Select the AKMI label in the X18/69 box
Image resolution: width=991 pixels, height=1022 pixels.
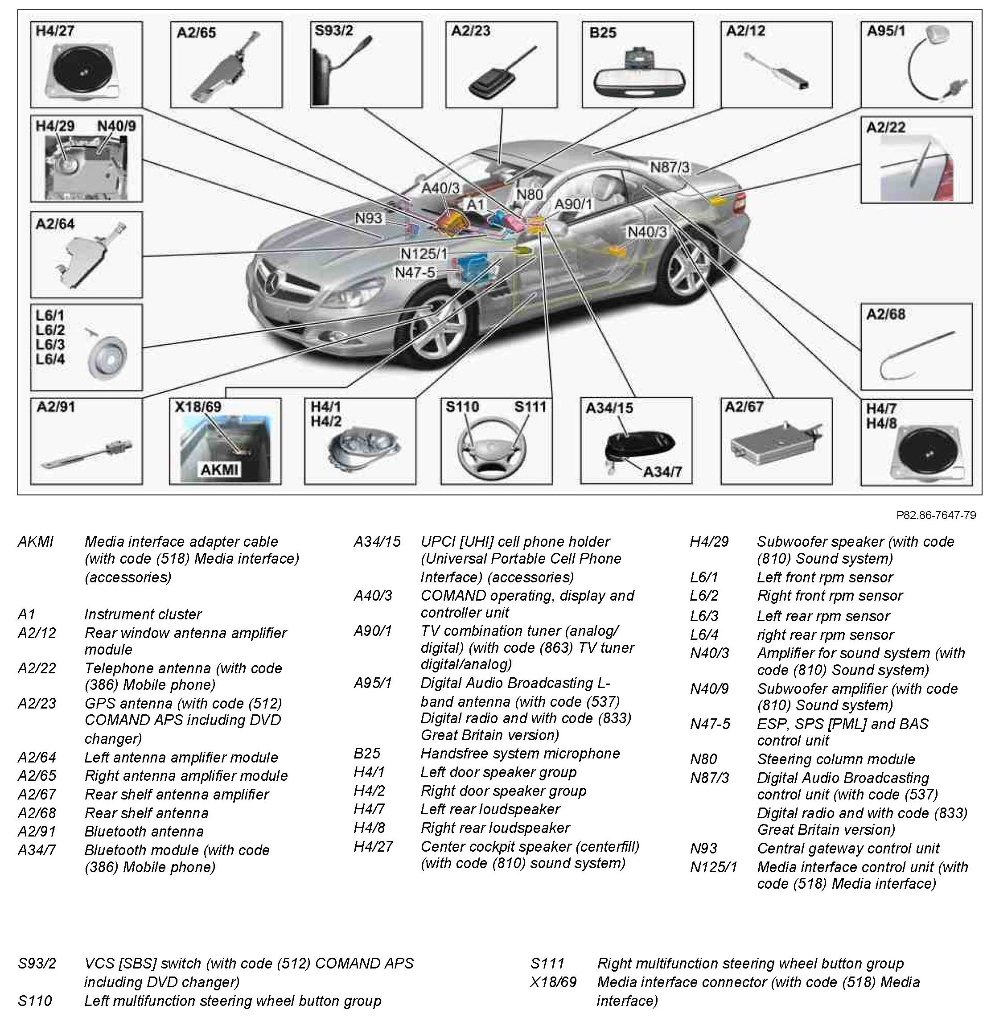pos(219,469)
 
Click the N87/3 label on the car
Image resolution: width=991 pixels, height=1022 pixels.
pos(670,167)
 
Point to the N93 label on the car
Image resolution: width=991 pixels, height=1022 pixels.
pos(369,218)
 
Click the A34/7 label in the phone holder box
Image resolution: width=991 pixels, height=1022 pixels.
pos(662,472)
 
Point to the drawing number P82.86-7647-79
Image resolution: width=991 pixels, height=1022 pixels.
pos(936,515)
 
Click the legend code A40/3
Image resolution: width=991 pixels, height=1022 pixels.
pos(373,595)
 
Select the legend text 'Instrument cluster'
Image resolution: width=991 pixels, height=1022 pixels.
pos(143,614)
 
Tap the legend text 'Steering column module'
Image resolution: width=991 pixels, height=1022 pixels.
pos(836,759)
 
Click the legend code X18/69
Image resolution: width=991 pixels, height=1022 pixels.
pos(554,982)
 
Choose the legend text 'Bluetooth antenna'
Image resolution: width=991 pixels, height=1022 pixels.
pos(144,831)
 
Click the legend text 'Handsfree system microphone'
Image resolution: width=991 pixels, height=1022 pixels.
pos(520,754)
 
